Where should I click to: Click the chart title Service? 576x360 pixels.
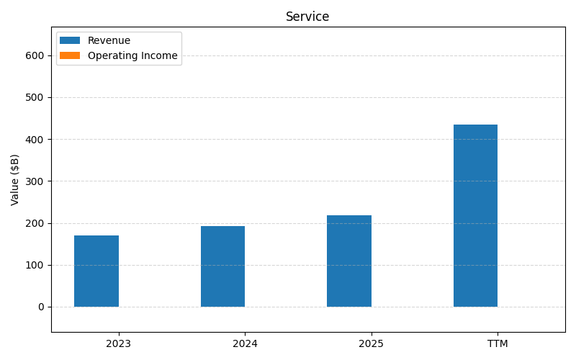(307, 17)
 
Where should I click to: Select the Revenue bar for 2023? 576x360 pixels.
(96, 271)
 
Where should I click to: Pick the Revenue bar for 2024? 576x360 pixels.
(222, 266)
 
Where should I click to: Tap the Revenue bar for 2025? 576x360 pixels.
(349, 261)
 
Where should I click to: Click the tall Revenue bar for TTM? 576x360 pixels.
(475, 216)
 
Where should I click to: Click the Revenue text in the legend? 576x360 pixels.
(109, 41)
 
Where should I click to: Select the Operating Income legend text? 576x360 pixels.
(132, 55)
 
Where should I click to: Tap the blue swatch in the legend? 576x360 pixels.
(70, 41)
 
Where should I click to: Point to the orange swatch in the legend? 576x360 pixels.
(70, 55)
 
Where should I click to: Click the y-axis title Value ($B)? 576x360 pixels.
(15, 179)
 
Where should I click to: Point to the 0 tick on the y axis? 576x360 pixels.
(40, 307)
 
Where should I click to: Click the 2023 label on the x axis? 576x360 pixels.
(118, 343)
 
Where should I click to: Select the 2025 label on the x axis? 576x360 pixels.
(371, 343)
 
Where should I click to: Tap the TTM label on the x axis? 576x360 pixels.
(498, 343)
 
